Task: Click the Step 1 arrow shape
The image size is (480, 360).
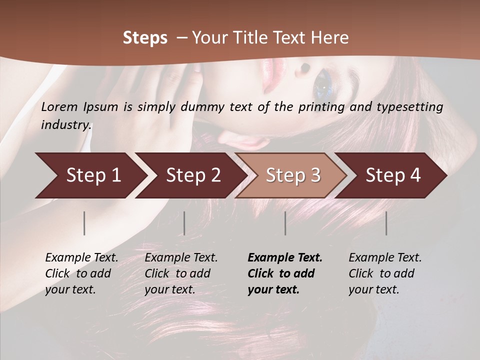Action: coord(90,175)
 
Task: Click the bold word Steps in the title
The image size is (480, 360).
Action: coord(145,38)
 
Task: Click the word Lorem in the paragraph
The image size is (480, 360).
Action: coord(59,107)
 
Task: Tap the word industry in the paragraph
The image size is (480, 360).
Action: coord(65,124)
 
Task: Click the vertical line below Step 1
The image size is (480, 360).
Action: coord(84,223)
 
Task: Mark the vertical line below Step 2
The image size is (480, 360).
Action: coord(184,223)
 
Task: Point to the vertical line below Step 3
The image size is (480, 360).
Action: coord(285,223)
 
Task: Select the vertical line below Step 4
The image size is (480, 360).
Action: coord(386,223)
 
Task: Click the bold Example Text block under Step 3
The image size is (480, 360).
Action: coord(285,273)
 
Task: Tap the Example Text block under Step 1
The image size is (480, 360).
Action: coord(81,273)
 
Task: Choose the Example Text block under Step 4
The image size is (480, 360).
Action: coord(385,273)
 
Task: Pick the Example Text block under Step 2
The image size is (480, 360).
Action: coord(181,273)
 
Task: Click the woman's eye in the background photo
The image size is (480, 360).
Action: coord(322,85)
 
